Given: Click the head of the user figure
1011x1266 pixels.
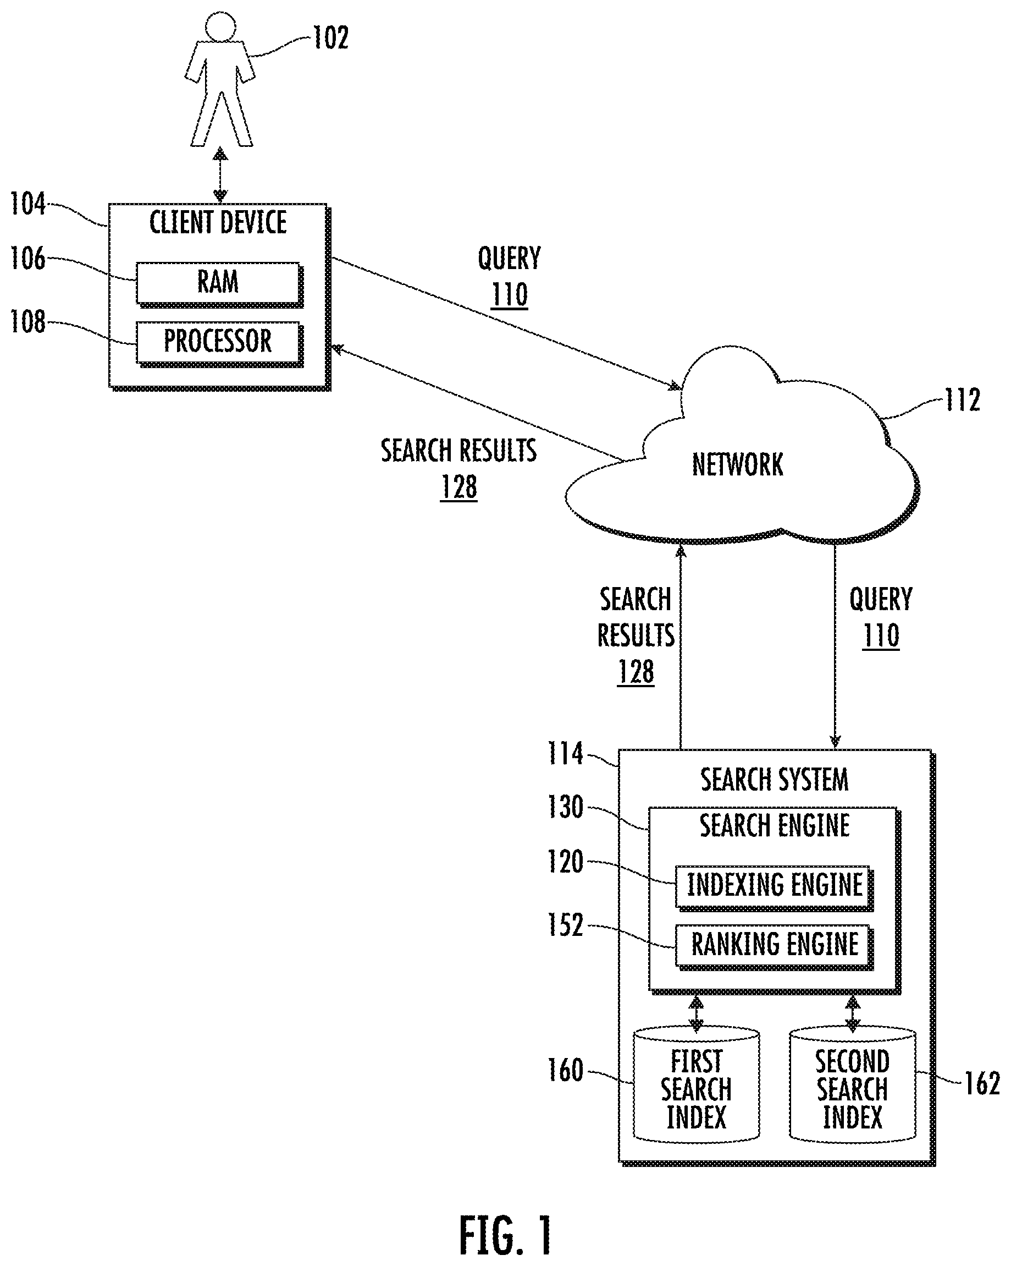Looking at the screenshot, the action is [x=220, y=26].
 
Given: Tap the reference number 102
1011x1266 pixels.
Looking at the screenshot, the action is [x=330, y=38].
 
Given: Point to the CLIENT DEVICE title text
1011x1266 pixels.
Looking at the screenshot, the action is [x=218, y=222].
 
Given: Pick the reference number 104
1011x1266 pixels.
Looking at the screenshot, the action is [x=27, y=204].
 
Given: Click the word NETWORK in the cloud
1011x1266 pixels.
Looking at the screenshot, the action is [x=738, y=464].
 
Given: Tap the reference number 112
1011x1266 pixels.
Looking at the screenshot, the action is [x=962, y=400].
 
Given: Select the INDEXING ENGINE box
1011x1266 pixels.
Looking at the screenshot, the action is [x=774, y=889].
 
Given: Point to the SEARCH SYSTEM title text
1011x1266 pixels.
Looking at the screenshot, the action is [x=775, y=780].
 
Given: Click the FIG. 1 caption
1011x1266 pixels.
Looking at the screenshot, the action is [x=505, y=1236].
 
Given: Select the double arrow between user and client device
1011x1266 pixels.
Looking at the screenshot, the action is [x=220, y=175].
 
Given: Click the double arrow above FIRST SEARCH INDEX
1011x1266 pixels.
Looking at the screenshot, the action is [x=696, y=1014].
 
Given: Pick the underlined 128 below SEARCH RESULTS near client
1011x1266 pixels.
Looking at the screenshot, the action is [x=459, y=487].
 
